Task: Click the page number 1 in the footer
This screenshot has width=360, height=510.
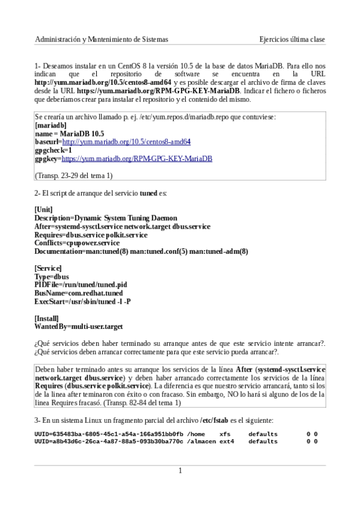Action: tap(180, 470)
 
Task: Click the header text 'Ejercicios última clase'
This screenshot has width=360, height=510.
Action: tap(292, 39)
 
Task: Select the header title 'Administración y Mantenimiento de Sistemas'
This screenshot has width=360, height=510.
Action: tap(102, 39)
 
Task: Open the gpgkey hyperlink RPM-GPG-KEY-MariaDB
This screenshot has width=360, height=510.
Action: tap(137, 159)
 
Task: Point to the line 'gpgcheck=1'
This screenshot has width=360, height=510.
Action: tap(53, 150)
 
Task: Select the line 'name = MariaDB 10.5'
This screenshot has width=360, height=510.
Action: tap(69, 134)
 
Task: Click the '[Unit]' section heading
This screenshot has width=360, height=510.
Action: tap(44, 209)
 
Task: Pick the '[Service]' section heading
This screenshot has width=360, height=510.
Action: tap(48, 268)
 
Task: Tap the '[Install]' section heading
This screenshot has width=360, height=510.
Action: tap(47, 318)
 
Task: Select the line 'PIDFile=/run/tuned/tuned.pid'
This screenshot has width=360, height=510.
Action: tap(81, 284)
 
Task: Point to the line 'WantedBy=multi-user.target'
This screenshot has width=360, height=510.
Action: tap(79, 327)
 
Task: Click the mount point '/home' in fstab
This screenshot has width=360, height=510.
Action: tap(197, 433)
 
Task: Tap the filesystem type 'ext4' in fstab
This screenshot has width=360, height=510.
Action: tap(226, 441)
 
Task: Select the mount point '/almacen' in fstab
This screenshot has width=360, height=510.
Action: tap(201, 441)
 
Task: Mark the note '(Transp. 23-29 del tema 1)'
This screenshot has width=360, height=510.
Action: tap(74, 176)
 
